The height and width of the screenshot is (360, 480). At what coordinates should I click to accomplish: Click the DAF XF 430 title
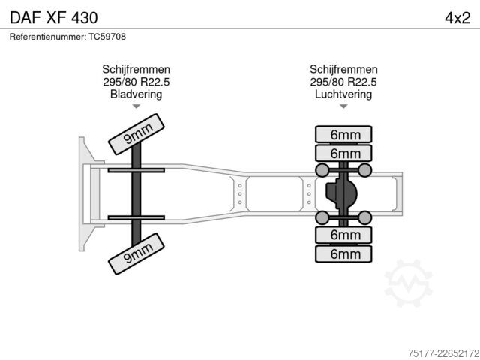click(54, 18)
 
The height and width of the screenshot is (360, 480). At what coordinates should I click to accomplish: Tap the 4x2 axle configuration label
click(457, 18)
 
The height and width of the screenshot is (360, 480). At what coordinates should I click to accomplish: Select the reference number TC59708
click(107, 37)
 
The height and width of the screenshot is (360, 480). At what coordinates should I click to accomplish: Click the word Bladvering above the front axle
click(136, 94)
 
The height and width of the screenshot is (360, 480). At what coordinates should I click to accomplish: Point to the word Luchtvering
click(343, 94)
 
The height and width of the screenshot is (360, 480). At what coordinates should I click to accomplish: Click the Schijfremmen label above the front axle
click(136, 70)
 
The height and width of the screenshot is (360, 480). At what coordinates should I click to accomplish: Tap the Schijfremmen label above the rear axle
click(343, 70)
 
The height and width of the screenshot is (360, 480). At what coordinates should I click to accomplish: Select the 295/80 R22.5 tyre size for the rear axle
click(343, 82)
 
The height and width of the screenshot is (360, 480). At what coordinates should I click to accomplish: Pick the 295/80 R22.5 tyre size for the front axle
click(136, 82)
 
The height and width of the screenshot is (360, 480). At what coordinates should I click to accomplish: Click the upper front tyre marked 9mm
click(136, 134)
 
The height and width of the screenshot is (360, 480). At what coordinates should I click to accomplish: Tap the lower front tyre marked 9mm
click(136, 253)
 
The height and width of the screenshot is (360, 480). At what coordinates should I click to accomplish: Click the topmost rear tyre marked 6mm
click(343, 134)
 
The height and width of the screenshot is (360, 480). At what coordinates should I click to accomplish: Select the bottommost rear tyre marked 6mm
click(343, 253)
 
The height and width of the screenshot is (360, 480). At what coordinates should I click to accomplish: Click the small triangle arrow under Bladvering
click(136, 106)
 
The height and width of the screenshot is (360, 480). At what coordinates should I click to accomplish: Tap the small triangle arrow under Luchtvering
click(343, 106)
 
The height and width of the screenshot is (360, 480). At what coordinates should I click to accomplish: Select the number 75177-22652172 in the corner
click(443, 353)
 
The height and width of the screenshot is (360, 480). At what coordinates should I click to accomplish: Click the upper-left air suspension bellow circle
click(322, 170)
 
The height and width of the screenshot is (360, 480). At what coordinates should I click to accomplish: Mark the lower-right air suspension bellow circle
click(365, 217)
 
